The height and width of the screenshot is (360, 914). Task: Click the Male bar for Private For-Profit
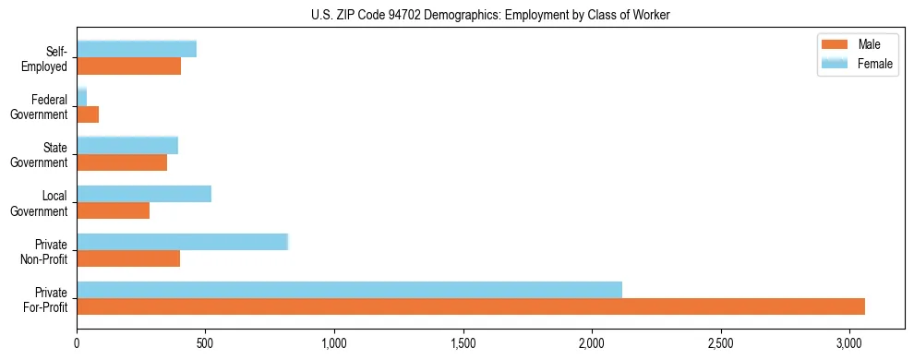471,306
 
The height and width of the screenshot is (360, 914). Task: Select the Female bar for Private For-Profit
349,290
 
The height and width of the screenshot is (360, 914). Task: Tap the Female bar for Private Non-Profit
183,242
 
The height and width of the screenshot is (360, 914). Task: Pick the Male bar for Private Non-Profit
128,258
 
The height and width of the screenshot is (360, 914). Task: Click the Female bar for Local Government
144,194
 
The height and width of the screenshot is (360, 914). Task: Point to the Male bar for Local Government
113,210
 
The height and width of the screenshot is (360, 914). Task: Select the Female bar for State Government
127,146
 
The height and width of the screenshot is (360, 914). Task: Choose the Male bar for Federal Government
88,114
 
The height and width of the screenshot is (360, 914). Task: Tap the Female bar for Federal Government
81,97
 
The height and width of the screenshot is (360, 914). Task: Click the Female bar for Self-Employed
137,49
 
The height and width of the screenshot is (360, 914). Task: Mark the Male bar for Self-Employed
128,66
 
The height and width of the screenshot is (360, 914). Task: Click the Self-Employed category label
50,58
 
